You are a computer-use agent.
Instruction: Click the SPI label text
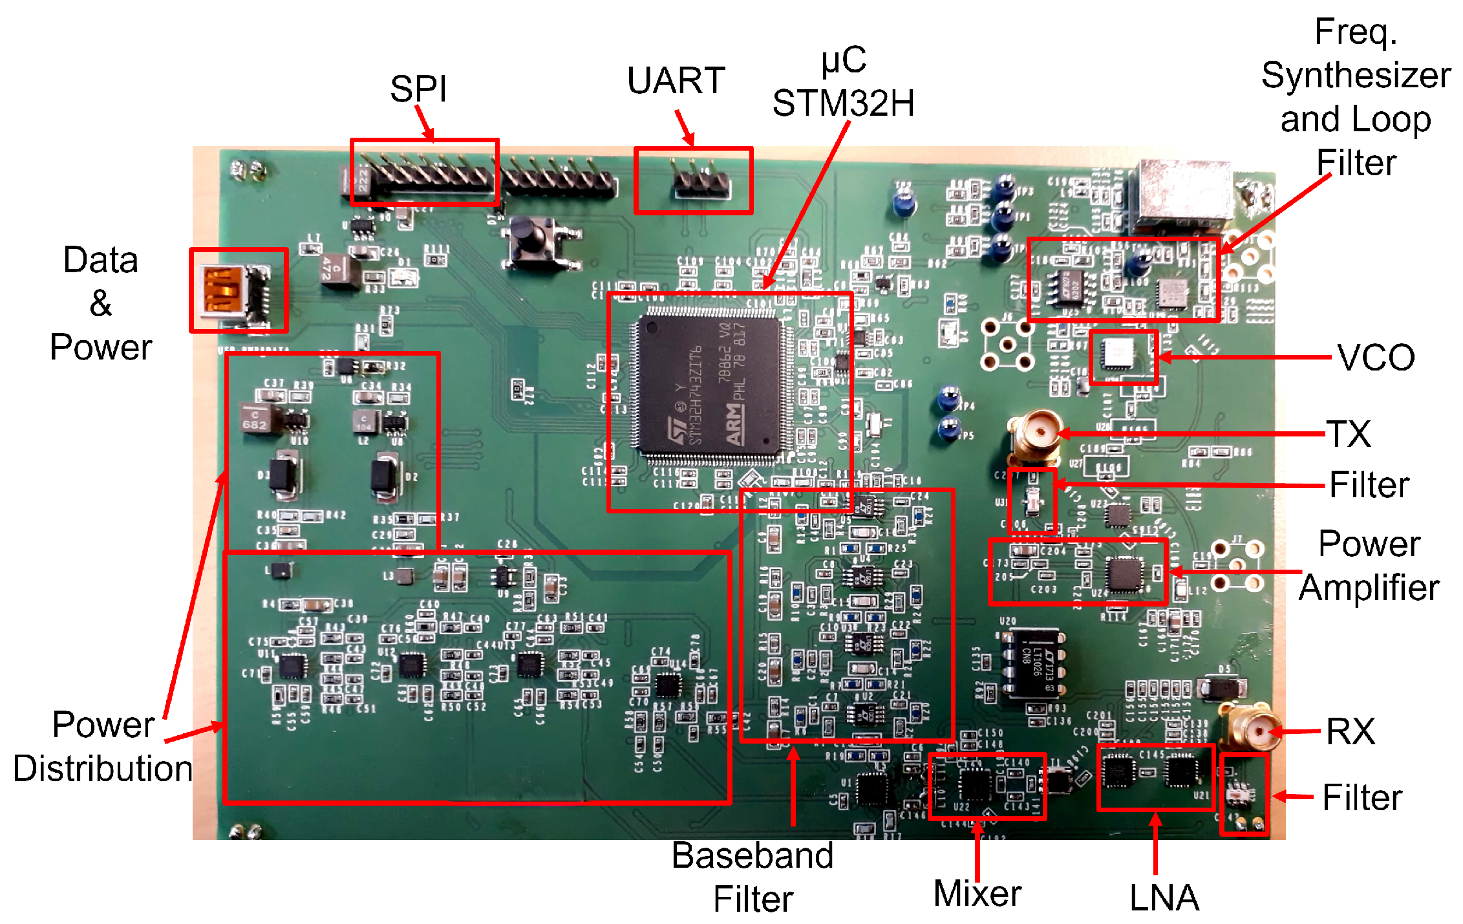click(418, 89)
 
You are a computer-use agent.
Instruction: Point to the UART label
click(676, 81)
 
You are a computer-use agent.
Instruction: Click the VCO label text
click(1376, 358)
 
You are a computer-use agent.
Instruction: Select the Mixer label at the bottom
click(977, 894)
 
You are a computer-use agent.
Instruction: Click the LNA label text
click(1164, 898)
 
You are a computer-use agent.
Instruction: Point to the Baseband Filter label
click(753, 877)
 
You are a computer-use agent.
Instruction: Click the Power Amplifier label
click(1369, 565)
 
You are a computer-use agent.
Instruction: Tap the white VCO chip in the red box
click(1118, 354)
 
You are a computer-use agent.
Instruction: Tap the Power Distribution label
click(103, 746)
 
